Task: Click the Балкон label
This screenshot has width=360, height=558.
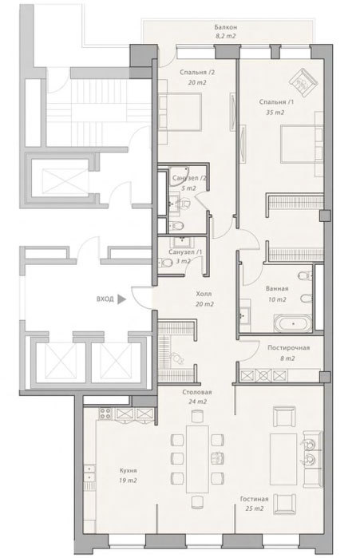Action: (226, 27)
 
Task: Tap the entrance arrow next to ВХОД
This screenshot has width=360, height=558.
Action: (121, 299)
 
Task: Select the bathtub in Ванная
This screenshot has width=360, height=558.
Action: (293, 323)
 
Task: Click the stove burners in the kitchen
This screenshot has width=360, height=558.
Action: (105, 414)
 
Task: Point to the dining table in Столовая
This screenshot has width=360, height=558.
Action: (197, 458)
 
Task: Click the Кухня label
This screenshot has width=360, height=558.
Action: (128, 470)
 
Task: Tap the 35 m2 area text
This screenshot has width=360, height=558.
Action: (275, 113)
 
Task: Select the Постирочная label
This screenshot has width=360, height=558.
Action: (288, 348)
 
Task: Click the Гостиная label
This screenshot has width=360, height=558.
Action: (254, 499)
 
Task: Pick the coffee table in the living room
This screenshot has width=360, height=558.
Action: (283, 459)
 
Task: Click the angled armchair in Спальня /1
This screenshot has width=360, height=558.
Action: (303, 82)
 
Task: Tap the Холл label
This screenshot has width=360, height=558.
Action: (204, 294)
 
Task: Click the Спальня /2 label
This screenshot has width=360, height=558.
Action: (197, 72)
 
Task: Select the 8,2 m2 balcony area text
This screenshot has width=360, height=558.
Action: (226, 36)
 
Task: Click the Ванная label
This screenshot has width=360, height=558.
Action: (277, 289)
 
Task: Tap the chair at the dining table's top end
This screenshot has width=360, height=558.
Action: (197, 416)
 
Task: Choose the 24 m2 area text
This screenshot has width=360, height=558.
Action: (197, 402)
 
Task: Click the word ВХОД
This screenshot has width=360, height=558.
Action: (105, 299)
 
